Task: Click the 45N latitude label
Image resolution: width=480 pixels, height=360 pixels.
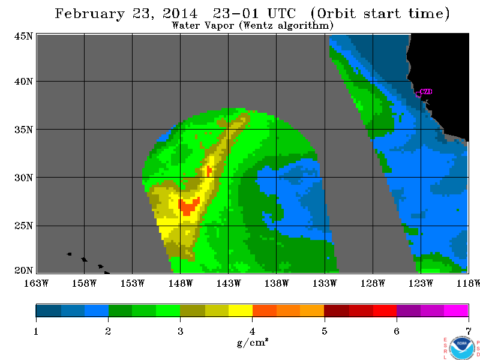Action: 23,37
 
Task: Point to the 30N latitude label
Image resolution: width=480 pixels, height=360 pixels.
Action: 23,178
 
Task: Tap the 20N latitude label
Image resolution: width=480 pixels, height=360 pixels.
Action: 23,271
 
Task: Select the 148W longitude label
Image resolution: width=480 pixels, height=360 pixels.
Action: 181,283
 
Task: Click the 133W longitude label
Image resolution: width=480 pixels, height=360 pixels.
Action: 325,283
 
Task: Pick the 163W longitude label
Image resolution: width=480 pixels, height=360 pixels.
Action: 36,283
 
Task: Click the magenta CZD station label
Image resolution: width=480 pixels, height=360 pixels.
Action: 426,92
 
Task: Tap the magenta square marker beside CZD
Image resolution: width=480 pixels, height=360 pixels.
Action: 418,95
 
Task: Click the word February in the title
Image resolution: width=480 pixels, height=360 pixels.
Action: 89,14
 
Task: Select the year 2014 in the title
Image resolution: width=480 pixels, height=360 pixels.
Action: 180,14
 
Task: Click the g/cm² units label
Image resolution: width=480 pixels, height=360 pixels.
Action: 253,342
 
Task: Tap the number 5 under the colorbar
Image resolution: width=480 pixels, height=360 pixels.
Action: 325,331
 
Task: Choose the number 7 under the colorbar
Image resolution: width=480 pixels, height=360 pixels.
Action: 469,331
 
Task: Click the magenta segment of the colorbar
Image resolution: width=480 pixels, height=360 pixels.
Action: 456,310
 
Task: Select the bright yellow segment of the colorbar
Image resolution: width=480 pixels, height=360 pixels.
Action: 241,310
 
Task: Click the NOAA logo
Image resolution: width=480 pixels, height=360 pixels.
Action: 462,349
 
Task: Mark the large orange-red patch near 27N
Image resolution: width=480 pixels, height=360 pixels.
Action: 188,205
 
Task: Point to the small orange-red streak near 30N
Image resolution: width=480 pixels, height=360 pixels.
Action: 209,171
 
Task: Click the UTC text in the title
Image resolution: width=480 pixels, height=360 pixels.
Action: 281,14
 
